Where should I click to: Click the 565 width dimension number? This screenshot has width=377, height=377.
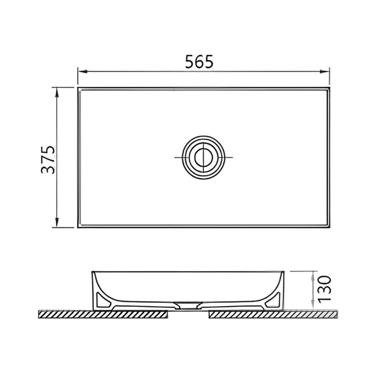199,62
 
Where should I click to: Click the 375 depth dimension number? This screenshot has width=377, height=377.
48,159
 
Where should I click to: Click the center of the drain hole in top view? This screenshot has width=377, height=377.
204,157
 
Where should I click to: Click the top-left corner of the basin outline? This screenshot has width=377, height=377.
78,88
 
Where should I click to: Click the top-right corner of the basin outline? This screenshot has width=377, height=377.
329,88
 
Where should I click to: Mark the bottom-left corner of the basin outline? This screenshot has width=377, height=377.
78,227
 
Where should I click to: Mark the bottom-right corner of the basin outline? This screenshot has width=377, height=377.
329,227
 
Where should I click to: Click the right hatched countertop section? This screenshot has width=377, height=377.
273,314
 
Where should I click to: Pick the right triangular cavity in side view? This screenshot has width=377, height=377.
274,300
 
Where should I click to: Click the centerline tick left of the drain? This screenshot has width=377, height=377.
178,157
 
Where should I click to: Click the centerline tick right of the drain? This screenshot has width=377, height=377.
229,157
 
